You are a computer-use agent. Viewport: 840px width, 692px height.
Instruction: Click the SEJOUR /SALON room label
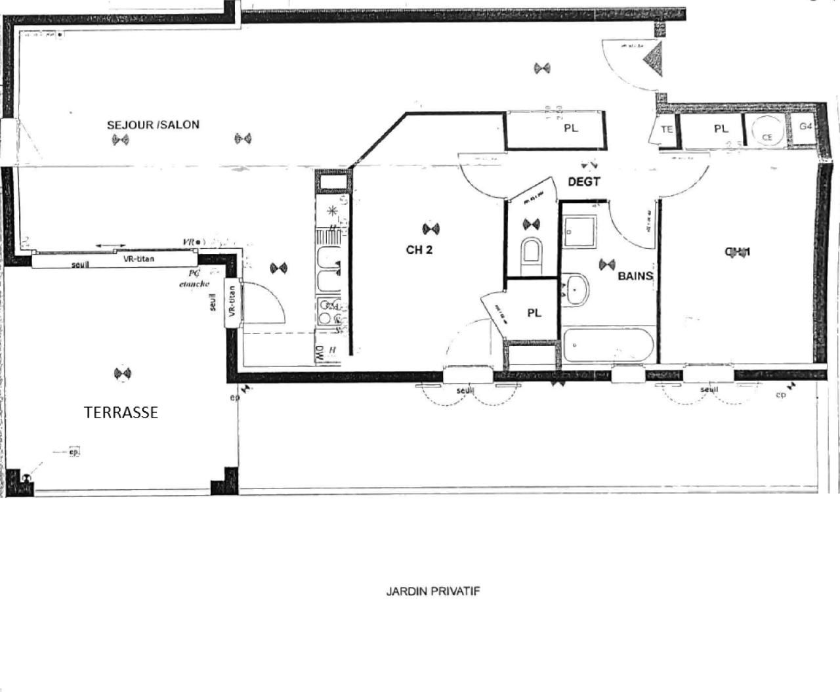coord(153,125)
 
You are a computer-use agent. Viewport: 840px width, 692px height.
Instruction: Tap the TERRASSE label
coord(121,412)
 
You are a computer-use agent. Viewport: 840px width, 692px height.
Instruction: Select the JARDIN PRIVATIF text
coord(432,591)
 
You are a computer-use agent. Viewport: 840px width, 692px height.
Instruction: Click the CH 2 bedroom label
coord(419,249)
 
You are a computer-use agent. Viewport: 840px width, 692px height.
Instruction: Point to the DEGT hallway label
coord(583,182)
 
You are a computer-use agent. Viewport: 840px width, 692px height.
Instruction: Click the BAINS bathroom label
coord(635,276)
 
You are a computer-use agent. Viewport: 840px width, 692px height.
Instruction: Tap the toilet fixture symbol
coord(532,253)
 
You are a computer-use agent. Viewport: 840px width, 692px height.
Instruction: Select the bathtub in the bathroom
coord(607,345)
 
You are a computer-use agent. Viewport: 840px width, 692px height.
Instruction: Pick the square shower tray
coord(579,230)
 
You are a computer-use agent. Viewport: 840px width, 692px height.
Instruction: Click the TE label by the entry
coord(667,129)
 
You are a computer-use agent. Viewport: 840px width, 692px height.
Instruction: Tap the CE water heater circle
coord(766,130)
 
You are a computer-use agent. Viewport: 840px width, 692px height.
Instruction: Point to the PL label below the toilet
coord(534,313)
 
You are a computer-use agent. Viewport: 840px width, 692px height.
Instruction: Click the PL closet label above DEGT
coord(571,128)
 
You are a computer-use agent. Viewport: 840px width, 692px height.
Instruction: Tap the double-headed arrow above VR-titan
coord(107,246)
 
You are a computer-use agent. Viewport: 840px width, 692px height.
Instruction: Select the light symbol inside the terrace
coord(122,374)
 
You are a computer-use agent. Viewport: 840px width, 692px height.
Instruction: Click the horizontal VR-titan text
coord(139,259)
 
